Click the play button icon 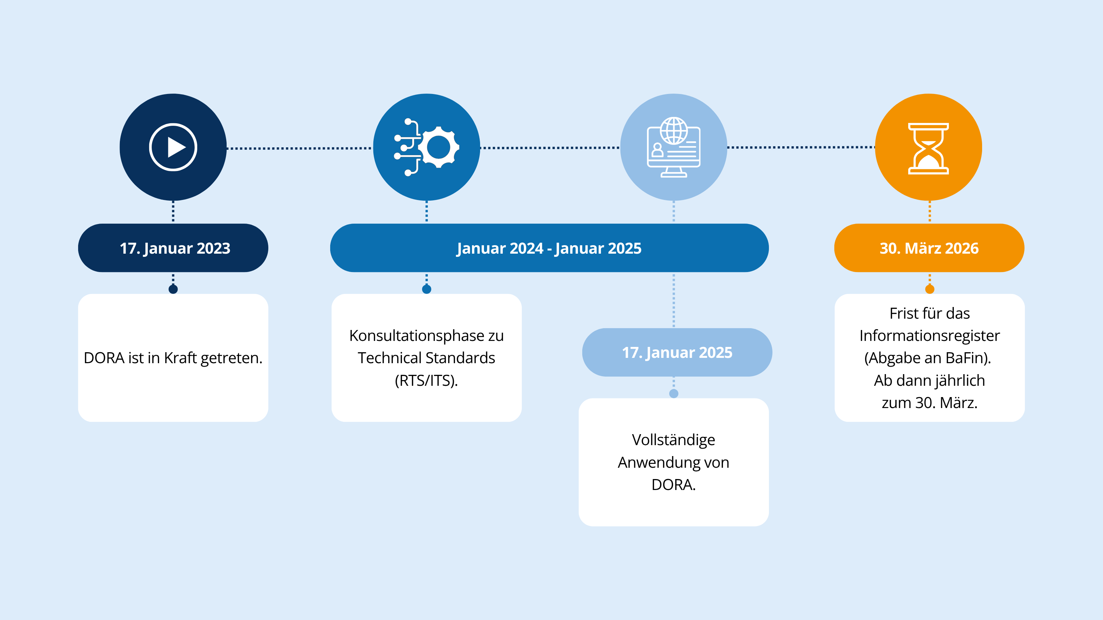[x=173, y=147]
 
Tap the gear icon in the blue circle [x=438, y=147]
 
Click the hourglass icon [x=928, y=148]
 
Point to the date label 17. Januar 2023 [x=175, y=248]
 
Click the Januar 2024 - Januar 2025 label [x=549, y=248]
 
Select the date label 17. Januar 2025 [x=677, y=352]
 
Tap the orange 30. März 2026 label [x=929, y=248]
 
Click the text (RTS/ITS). [x=426, y=380]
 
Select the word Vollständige [x=673, y=440]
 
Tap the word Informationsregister [x=929, y=336]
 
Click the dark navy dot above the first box [x=173, y=289]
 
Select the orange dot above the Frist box [x=929, y=289]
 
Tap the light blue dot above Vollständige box [x=673, y=393]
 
